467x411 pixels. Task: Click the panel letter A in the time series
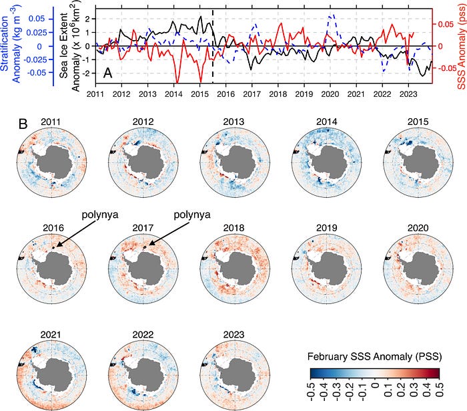[108, 72]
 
